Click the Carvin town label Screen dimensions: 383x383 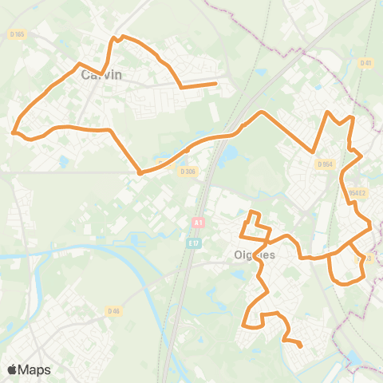102,76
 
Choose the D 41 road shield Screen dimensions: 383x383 366,62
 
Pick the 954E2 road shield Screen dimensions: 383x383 357,192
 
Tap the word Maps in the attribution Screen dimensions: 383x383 35,369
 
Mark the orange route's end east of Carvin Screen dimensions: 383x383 216,83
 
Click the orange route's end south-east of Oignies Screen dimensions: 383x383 300,346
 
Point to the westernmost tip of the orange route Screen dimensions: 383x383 14,133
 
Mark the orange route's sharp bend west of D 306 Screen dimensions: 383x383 140,172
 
